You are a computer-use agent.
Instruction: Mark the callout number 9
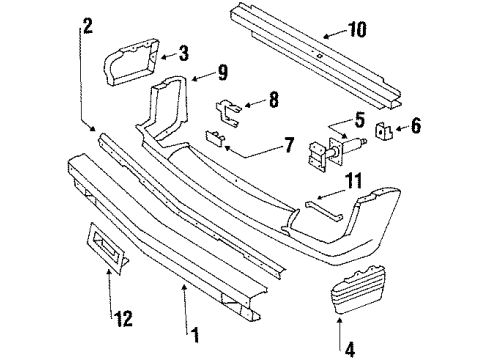coord(221,72)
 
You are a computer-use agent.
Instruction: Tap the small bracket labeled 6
coord(383,130)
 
